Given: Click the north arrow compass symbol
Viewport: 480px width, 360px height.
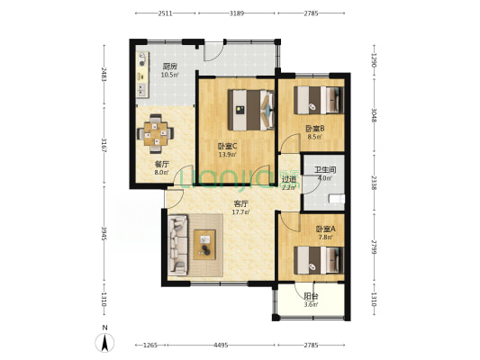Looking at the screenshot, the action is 104,343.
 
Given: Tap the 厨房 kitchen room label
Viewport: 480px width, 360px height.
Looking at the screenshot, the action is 169,66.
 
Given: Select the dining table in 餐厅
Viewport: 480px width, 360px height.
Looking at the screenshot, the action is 156,134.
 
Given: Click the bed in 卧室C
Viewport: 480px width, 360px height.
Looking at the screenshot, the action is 251,110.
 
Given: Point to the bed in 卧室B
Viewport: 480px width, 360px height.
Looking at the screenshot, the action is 319,100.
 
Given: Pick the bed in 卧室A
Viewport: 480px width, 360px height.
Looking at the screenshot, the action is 319,260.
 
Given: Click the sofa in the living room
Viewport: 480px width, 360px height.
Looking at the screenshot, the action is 177,246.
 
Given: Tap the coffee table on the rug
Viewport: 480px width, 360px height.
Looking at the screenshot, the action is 204,245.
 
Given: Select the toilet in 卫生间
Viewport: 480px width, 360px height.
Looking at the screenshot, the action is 337,199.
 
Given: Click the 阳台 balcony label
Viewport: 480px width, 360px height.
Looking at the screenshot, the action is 311,296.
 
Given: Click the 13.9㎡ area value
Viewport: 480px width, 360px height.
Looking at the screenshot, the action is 228,155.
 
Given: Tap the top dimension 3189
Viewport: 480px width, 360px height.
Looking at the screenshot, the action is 237,13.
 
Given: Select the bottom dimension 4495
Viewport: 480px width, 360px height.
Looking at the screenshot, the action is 221,345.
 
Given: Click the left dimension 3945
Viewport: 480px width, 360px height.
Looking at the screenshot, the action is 104,234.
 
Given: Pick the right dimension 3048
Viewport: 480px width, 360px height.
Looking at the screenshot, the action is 374,115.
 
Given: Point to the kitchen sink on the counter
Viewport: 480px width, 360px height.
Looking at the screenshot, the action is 141,89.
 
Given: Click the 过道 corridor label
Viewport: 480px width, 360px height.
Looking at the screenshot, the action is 289,179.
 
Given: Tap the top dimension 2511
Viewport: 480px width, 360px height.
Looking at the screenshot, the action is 165,13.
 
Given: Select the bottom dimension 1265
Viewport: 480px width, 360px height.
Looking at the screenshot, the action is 150,345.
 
